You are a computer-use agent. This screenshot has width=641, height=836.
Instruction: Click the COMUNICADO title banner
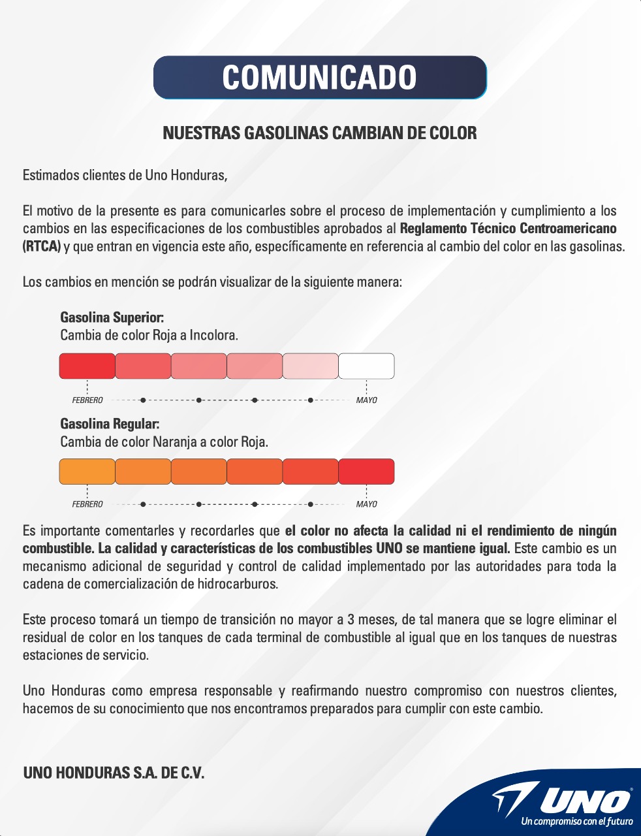(320, 77)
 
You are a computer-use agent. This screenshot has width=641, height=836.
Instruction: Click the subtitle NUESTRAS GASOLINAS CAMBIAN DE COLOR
(320, 133)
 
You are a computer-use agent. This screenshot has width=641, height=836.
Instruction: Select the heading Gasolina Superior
(112, 317)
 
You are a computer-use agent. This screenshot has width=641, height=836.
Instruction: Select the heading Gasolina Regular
(110, 424)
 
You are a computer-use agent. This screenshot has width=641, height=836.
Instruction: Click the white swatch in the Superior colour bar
(366, 366)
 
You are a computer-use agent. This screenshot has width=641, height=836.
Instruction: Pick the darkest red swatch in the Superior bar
(87, 366)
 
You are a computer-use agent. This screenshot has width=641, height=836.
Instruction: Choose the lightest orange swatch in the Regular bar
(87, 472)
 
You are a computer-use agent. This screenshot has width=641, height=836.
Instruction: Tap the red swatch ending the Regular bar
(366, 472)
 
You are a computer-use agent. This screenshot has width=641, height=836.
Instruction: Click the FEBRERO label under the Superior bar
(87, 400)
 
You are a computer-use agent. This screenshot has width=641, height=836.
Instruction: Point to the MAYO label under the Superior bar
(366, 400)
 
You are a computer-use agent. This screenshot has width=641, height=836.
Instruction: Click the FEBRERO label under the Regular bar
(87, 504)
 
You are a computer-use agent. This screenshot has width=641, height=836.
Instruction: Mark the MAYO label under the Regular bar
(366, 504)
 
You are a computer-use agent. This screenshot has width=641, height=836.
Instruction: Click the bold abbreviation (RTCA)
(42, 247)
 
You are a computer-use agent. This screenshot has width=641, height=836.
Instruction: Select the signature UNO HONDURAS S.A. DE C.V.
(114, 773)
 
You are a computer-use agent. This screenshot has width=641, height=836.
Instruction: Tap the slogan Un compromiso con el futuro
(576, 822)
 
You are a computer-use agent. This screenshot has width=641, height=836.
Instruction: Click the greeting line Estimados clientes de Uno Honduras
(125, 175)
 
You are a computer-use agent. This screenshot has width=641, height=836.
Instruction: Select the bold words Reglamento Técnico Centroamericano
(508, 229)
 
